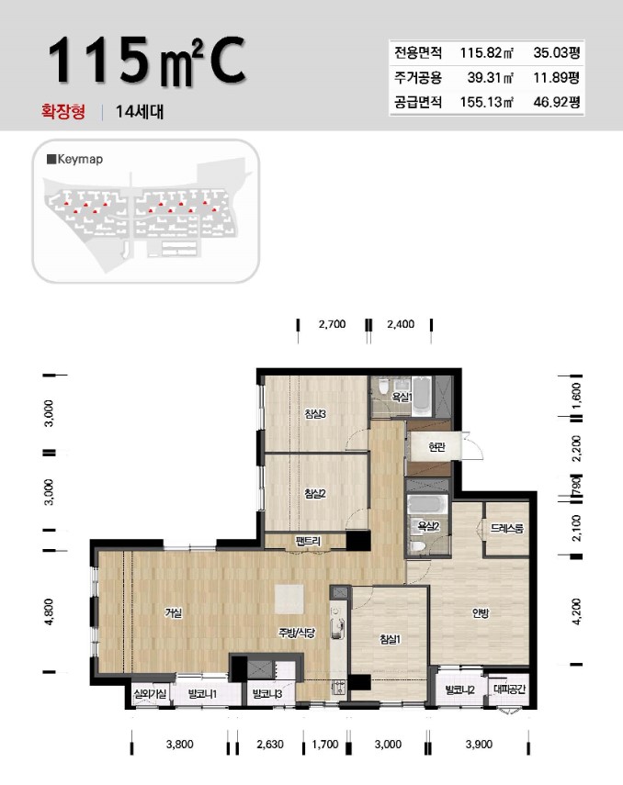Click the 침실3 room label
click(x=316, y=414)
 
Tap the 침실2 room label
click(x=316, y=493)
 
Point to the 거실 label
click(x=174, y=614)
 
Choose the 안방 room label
click(x=481, y=614)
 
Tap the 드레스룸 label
click(x=507, y=529)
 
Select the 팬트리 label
click(x=307, y=542)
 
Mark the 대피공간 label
click(x=506, y=689)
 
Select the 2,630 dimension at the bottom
click(x=270, y=745)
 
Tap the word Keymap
click(x=79, y=159)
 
